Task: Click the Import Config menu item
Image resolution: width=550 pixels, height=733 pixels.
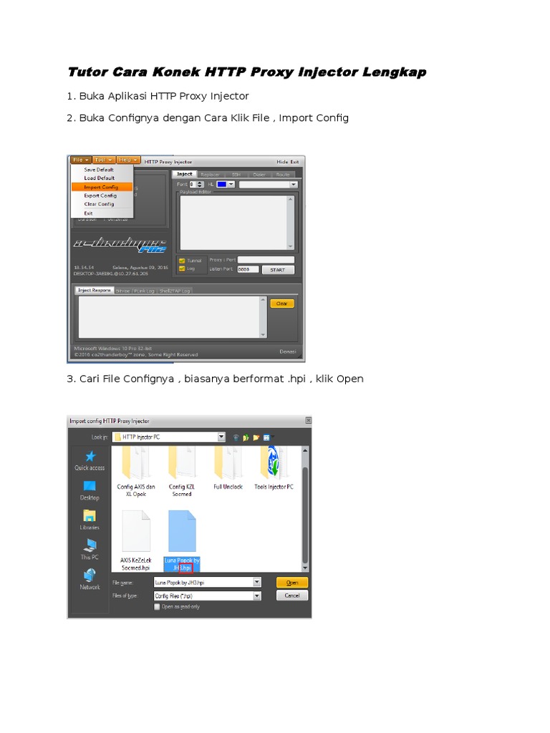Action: [100, 187]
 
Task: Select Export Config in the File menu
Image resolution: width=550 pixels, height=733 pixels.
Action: [100, 195]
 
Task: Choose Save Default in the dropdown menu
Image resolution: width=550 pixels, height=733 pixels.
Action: [99, 170]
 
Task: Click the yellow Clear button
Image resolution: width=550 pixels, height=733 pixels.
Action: [281, 304]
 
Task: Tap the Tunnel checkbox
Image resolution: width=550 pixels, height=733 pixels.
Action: [183, 261]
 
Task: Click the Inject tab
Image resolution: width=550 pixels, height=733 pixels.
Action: [184, 174]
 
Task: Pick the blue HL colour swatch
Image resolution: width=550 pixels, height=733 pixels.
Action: [221, 185]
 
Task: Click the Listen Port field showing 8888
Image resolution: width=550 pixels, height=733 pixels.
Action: [248, 270]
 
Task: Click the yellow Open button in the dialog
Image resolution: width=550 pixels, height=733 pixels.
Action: [292, 583]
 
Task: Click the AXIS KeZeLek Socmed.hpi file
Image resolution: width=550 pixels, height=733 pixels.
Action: [136, 537]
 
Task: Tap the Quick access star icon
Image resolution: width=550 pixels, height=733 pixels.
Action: [90, 456]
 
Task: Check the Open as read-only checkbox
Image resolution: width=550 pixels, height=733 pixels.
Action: [158, 606]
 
